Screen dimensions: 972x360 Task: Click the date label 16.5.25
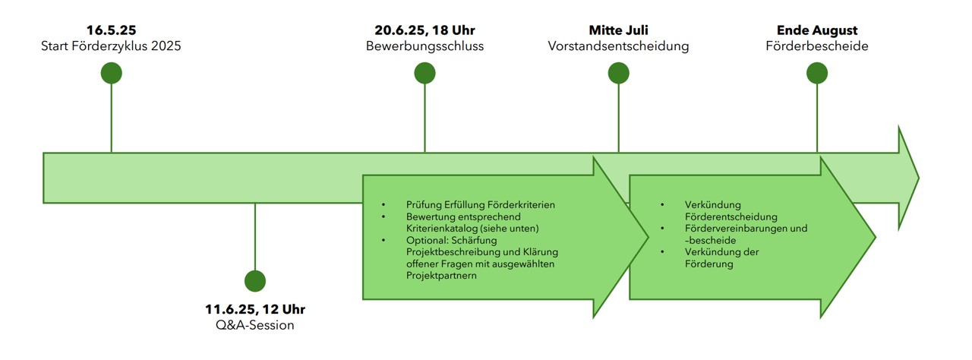(x=111, y=30)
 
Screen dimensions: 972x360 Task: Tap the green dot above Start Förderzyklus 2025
(x=112, y=73)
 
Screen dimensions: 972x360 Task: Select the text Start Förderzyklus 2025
(x=111, y=46)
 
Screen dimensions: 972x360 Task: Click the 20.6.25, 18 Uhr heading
(x=424, y=30)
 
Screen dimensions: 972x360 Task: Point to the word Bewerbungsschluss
(x=424, y=46)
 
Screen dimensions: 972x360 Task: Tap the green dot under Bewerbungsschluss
(x=424, y=73)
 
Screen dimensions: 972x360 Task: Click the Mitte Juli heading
(x=618, y=30)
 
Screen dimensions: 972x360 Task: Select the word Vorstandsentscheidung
(x=618, y=46)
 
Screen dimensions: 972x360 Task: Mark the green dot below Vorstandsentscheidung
(x=618, y=73)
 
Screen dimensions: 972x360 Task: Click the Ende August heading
(x=817, y=30)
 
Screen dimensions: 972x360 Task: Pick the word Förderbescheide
(x=817, y=46)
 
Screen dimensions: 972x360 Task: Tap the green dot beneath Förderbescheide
(x=817, y=73)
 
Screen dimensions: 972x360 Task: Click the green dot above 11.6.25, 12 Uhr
(x=255, y=280)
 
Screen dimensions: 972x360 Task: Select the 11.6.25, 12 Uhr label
(x=255, y=310)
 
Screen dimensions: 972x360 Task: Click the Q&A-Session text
(x=255, y=326)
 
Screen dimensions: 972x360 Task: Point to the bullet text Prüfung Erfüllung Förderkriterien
(x=481, y=205)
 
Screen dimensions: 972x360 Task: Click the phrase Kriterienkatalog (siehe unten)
(x=472, y=229)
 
